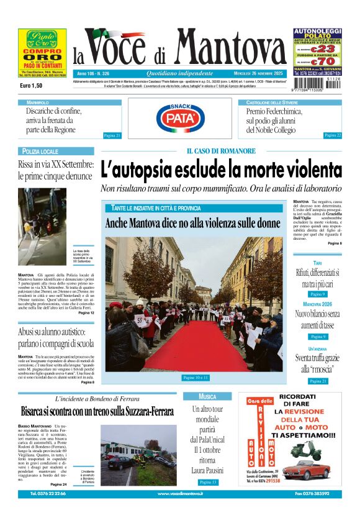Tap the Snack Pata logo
184,117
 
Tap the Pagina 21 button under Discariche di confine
112,135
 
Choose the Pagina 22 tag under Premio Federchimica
333,135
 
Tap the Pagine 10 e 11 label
196,377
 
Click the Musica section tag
207,396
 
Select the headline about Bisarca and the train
97,411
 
